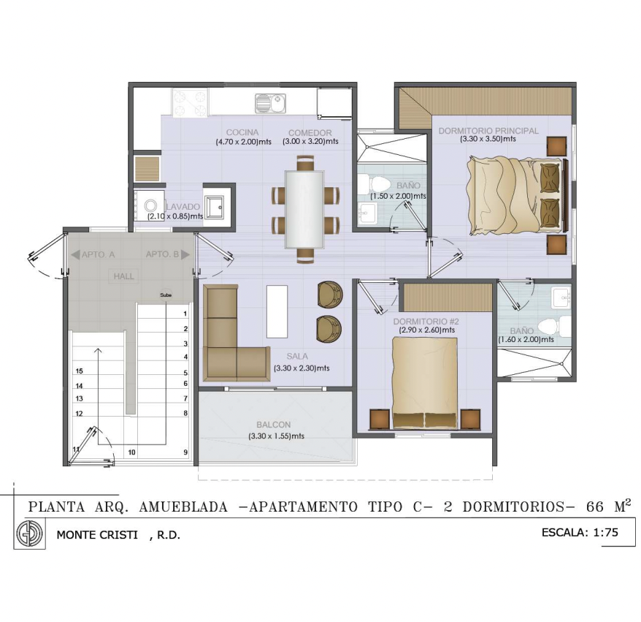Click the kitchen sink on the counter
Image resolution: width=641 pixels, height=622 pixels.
pyautogui.click(x=271, y=103)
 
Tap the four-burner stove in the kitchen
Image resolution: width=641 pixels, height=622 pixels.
pyautogui.click(x=189, y=103)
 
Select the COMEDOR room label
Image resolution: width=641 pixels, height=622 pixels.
pyautogui.click(x=310, y=132)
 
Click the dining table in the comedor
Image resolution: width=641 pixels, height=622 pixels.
pyautogui.click(x=305, y=210)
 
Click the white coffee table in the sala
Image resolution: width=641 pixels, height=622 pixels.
pyautogui.click(x=277, y=311)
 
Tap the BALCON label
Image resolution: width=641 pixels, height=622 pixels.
pyautogui.click(x=274, y=425)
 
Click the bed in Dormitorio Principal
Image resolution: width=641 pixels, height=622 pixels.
pyautogui.click(x=515, y=197)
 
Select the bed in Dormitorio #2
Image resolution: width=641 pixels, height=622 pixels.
pyautogui.click(x=425, y=383)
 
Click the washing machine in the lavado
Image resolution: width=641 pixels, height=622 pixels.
pyautogui.click(x=150, y=205)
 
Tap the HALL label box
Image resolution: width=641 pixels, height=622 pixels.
pyautogui.click(x=124, y=276)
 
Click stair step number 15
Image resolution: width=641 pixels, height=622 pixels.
pyautogui.click(x=80, y=371)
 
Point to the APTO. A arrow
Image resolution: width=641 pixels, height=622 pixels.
pyautogui.click(x=75, y=254)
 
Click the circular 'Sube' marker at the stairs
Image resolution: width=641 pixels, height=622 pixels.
pyautogui.click(x=166, y=295)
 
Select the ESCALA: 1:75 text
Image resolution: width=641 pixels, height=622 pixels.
pyautogui.click(x=580, y=532)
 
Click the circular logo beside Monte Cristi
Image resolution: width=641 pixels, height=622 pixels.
pyautogui.click(x=29, y=534)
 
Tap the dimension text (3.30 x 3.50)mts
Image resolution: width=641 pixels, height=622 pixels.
pyautogui.click(x=488, y=139)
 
